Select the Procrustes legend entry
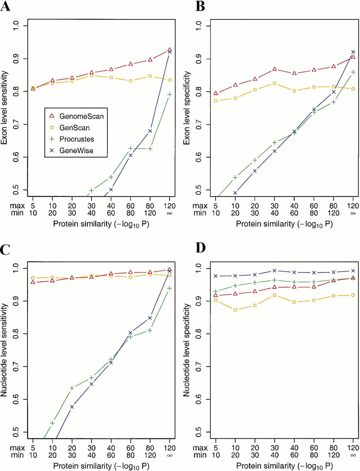tap(72, 139)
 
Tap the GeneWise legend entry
tap(71, 150)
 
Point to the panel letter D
tap(201, 248)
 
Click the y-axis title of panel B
tap(187, 108)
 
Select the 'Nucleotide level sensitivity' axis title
tap(4, 350)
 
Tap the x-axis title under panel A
tap(101, 224)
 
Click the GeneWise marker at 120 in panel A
tap(170, 52)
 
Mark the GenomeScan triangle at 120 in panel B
tap(353, 57)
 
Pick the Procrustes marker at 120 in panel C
tap(170, 288)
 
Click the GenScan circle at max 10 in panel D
tap(235, 310)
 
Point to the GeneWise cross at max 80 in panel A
tap(150, 131)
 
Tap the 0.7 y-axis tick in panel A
tap(16, 124)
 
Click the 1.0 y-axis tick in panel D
tap(199, 268)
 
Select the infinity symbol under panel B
tap(353, 213)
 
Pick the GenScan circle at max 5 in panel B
tap(216, 101)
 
